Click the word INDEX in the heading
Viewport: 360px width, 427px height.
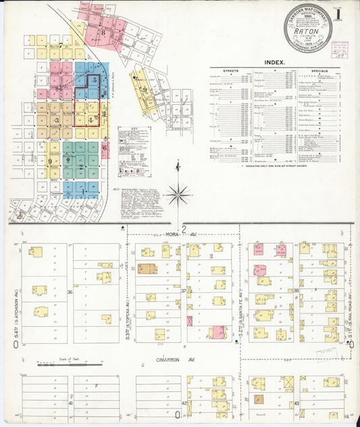(274, 62)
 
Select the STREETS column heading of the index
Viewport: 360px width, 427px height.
(232, 70)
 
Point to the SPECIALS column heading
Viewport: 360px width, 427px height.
(319, 70)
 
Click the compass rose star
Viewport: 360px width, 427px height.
(178, 195)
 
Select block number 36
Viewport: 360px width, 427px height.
(70, 292)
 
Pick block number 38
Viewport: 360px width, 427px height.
(296, 291)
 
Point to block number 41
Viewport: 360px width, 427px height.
(70, 403)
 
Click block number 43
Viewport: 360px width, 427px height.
(297, 403)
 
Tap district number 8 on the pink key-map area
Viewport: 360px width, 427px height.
(103, 32)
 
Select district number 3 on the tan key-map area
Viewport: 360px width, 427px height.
(57, 120)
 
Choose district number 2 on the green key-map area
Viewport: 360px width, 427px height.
(80, 166)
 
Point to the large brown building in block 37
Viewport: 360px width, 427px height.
(147, 268)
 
